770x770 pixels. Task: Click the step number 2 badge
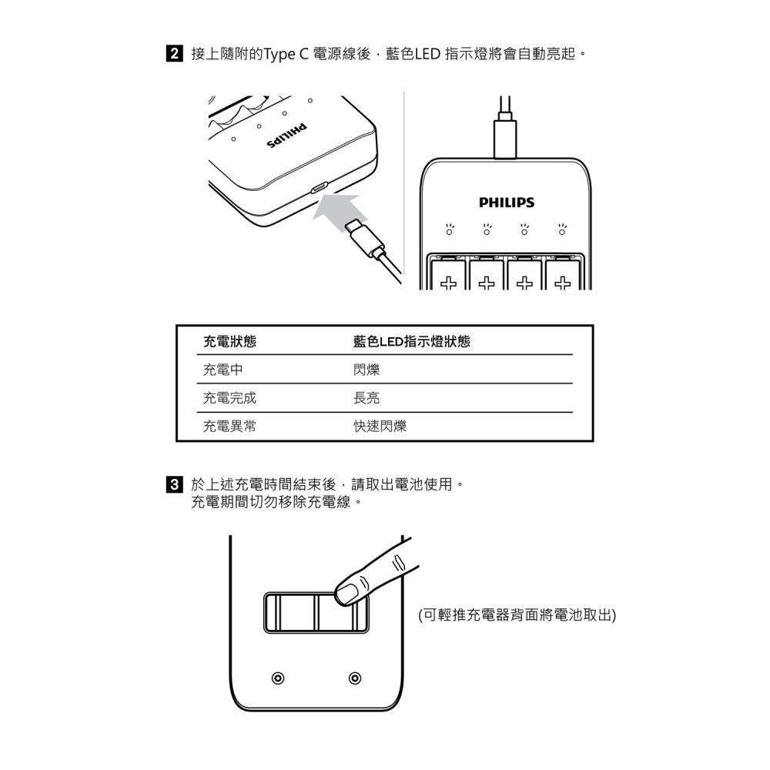click(175, 55)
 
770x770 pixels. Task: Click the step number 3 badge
click(175, 485)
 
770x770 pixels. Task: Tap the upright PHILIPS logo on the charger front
click(506, 203)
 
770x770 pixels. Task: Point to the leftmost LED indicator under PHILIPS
click(450, 230)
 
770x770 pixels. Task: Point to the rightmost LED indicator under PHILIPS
click(564, 230)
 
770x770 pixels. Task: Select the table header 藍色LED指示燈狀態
click(411, 341)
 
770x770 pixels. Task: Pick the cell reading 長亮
click(367, 398)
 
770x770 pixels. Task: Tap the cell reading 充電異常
click(229, 426)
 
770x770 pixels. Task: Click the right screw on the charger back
click(354, 678)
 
